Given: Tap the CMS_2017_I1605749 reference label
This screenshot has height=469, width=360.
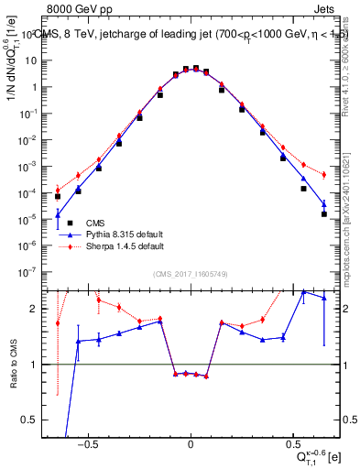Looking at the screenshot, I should (190, 274).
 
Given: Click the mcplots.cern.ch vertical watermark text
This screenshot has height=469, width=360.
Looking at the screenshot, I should (352, 211).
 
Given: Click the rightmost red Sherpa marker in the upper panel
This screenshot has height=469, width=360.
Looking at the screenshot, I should (323, 175).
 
